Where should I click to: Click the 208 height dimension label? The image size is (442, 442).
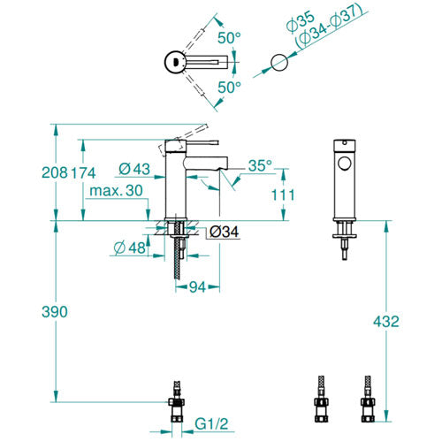click(55, 172)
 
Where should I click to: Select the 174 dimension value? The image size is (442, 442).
click(83, 172)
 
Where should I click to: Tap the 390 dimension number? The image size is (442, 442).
click(55, 312)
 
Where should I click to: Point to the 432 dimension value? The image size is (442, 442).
click(386, 321)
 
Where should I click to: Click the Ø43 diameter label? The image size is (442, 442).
click(134, 169)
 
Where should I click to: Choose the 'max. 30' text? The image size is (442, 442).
click(116, 191)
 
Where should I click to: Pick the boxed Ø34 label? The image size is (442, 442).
click(224, 232)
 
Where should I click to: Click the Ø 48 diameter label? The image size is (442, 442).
click(130, 248)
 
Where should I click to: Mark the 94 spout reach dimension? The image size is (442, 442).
click(197, 286)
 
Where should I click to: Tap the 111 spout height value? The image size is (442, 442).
click(283, 194)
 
